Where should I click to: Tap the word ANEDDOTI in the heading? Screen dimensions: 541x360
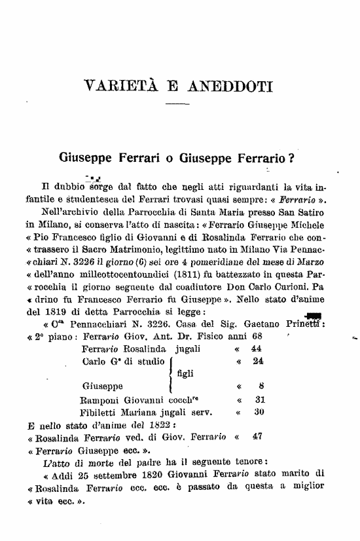pyautogui.click(x=225, y=86)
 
